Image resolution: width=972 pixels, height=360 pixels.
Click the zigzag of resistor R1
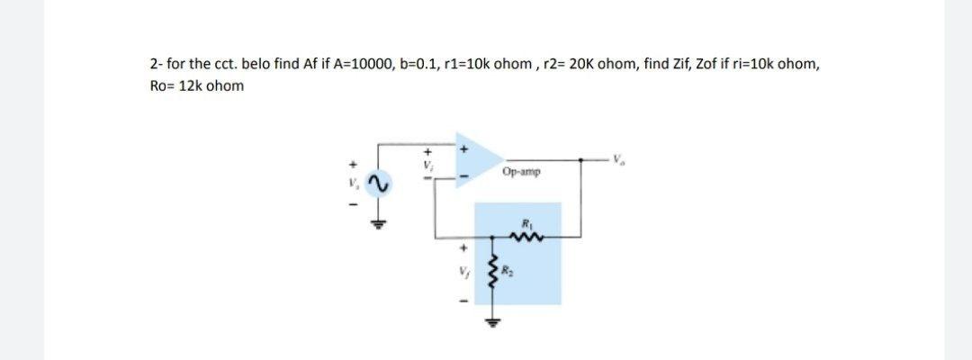[524, 237]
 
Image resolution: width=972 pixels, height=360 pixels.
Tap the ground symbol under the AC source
[379, 224]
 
